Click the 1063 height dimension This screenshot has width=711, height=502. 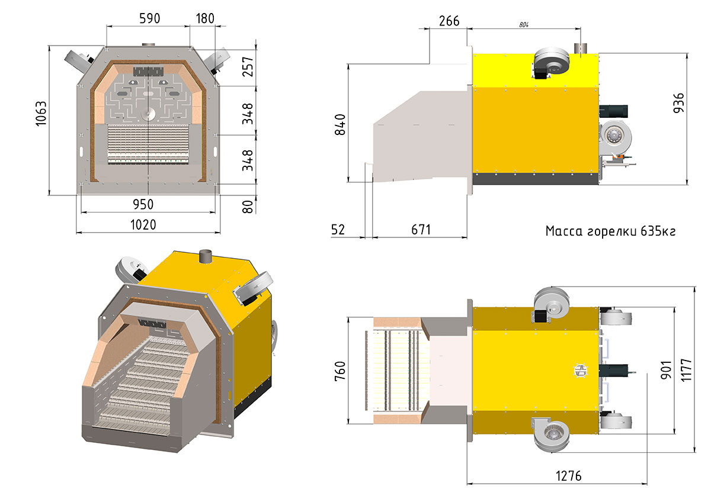click(x=41, y=114)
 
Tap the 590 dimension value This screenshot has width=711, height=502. click(x=149, y=18)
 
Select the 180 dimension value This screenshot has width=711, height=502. click(x=205, y=18)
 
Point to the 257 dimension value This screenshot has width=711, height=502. click(x=248, y=66)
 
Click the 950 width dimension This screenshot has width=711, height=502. click(x=143, y=205)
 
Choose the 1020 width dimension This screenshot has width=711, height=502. click(x=143, y=225)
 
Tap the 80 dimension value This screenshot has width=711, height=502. click(x=248, y=207)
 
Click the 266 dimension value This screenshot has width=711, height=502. click(x=449, y=21)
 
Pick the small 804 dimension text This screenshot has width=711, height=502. click(x=524, y=25)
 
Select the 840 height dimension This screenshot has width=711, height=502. click(x=340, y=125)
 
